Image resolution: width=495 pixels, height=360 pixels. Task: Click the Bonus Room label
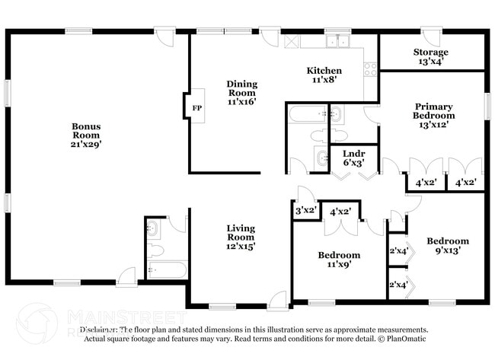pyautogui.click(x=87, y=135)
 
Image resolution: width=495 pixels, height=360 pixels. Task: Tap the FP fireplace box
pyautogui.click(x=196, y=107)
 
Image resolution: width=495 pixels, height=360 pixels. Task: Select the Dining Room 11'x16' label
pyautogui.click(x=241, y=92)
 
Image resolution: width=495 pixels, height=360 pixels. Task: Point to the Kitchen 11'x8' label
pyautogui.click(x=324, y=75)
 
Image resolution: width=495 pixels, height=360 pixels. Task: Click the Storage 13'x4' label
pyautogui.click(x=430, y=57)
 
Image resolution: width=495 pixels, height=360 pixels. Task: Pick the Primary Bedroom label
pyautogui.click(x=433, y=116)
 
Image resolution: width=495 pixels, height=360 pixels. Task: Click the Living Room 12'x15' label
pyautogui.click(x=241, y=237)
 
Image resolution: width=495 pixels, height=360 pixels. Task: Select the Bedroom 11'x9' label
pyautogui.click(x=338, y=260)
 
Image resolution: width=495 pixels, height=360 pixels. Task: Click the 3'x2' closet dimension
pyautogui.click(x=305, y=211)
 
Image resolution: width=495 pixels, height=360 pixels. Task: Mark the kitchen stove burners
pyautogui.click(x=371, y=69)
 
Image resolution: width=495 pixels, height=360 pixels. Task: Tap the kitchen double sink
pyautogui.click(x=336, y=42)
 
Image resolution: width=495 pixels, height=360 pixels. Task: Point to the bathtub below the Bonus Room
pyautogui.click(x=167, y=270)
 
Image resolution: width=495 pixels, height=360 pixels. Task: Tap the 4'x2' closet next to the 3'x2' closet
pyautogui.click(x=340, y=211)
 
